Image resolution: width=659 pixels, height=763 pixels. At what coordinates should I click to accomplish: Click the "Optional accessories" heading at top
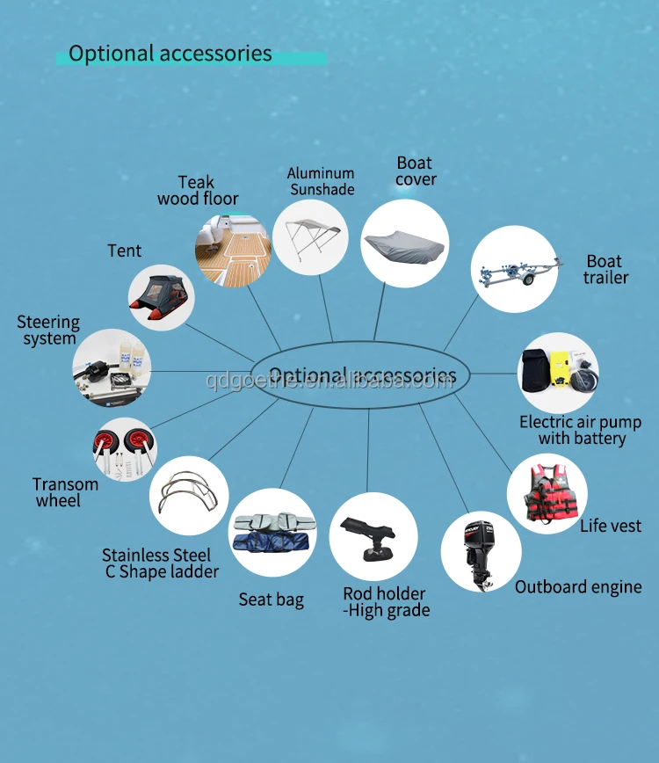click(170, 54)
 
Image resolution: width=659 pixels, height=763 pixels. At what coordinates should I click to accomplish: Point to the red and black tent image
click(161, 297)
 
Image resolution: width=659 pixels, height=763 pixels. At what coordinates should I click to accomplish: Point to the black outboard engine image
click(480, 550)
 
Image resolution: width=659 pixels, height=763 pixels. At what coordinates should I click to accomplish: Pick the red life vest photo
click(547, 493)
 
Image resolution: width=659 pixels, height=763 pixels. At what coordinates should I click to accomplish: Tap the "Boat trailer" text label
click(605, 270)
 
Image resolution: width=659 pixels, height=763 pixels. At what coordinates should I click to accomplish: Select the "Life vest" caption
click(611, 527)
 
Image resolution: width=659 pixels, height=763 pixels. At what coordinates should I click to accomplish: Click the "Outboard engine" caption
click(578, 587)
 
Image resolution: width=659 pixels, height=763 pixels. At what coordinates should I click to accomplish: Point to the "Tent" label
click(125, 251)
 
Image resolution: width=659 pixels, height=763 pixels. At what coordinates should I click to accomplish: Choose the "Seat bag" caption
click(272, 600)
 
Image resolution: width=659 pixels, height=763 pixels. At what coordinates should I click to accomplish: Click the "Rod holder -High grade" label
click(386, 602)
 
